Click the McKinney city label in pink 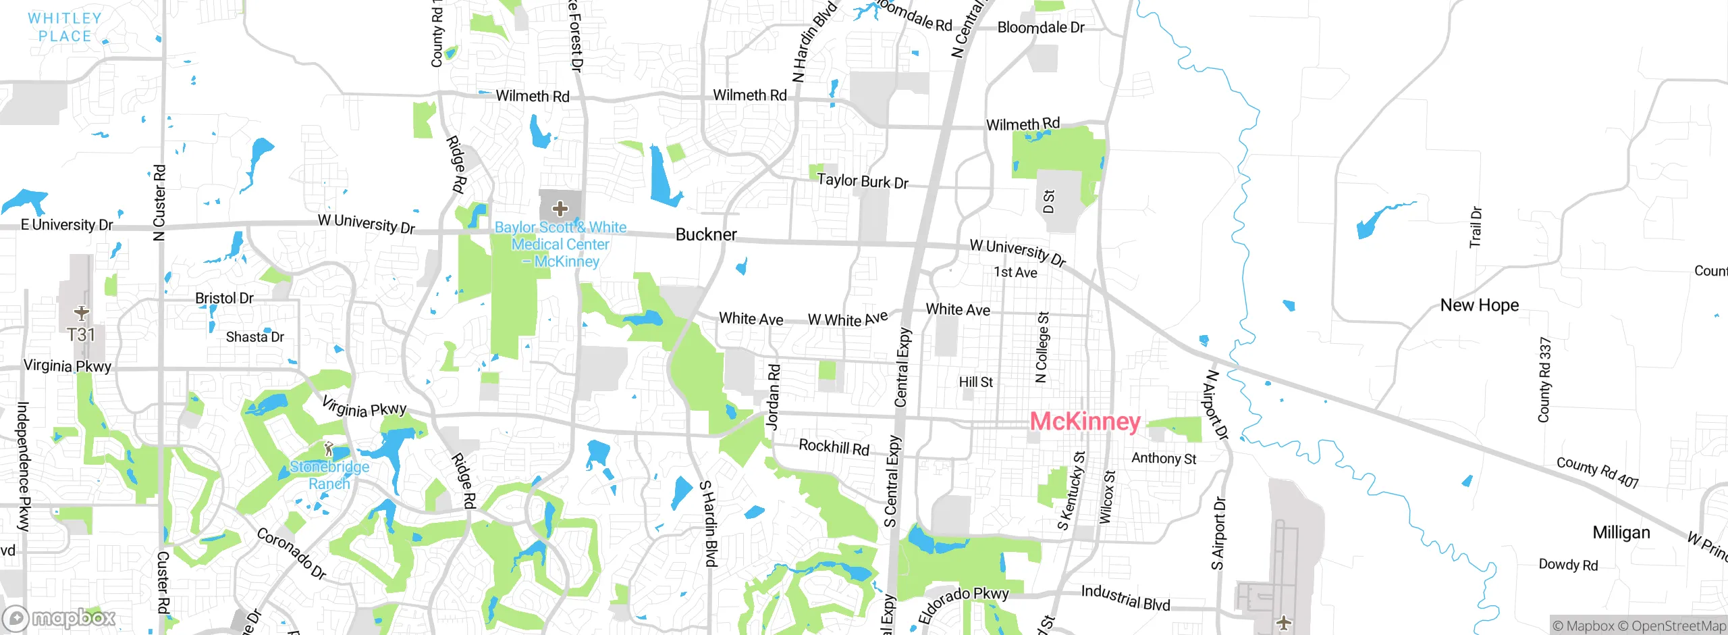(x=1085, y=422)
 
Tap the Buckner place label (x=706, y=234)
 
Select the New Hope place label (x=1480, y=305)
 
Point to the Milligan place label (x=1621, y=532)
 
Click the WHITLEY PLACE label (x=65, y=27)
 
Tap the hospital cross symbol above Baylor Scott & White (x=560, y=208)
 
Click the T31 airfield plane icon (x=82, y=313)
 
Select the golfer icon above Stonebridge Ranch (x=329, y=448)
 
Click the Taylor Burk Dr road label (x=863, y=181)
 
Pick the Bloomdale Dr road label (x=1041, y=28)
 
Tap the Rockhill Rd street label (x=834, y=447)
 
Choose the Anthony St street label (x=1164, y=459)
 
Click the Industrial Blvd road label (x=1125, y=598)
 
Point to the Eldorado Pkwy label (x=963, y=603)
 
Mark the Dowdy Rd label (x=1568, y=565)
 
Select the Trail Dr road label (x=1476, y=227)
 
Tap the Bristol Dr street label (x=224, y=298)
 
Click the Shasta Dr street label (x=254, y=336)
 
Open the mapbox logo (x=59, y=618)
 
